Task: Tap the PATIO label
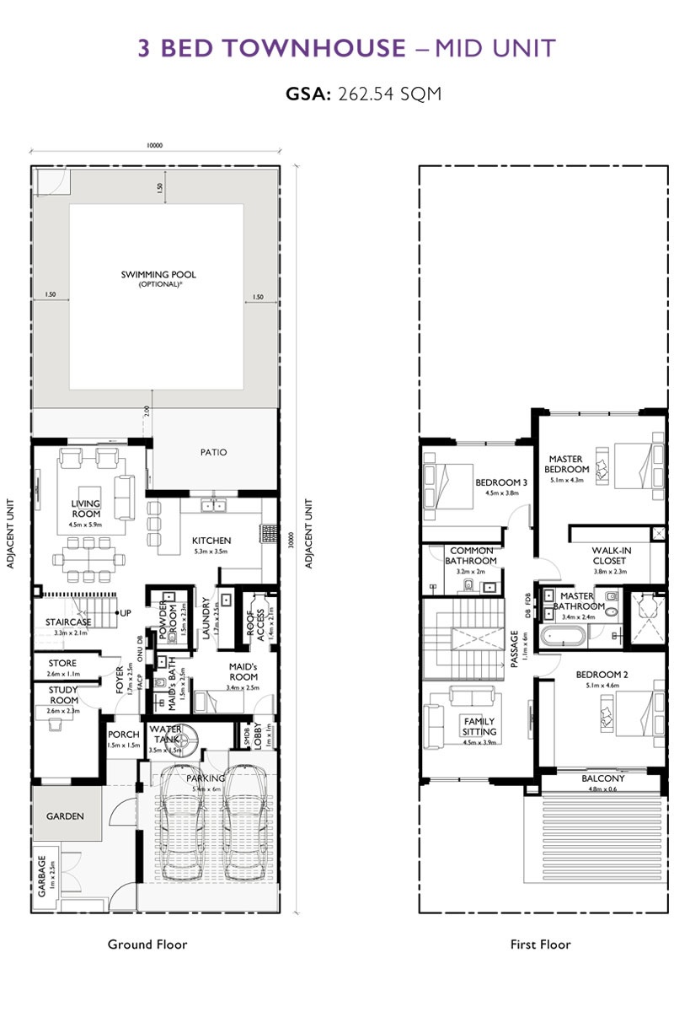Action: pyautogui.click(x=214, y=452)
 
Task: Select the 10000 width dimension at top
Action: pyautogui.click(x=154, y=145)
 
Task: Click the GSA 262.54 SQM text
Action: pyautogui.click(x=363, y=94)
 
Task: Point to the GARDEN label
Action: pyautogui.click(x=65, y=816)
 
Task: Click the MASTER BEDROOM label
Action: pyautogui.click(x=566, y=463)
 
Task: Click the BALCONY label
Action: pyautogui.click(x=603, y=778)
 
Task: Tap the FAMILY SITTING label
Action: pyautogui.click(x=479, y=726)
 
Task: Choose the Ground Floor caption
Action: pyautogui.click(x=147, y=944)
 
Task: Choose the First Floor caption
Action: pyautogui.click(x=540, y=944)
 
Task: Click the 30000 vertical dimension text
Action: pyautogui.click(x=291, y=539)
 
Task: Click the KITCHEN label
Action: pyautogui.click(x=211, y=541)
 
